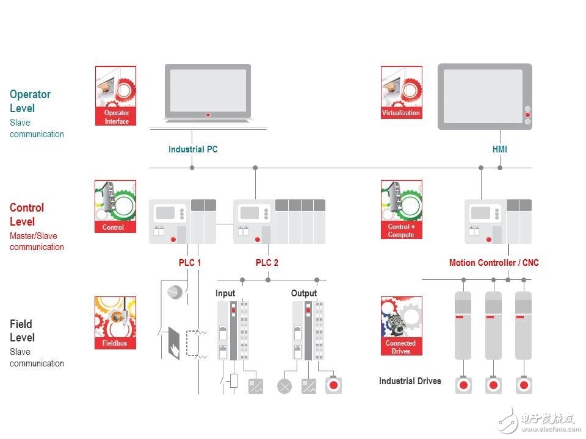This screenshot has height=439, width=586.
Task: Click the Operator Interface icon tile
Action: tap(116, 96)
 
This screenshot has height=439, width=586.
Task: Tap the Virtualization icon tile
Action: tap(401, 92)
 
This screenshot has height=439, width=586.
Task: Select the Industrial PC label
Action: tap(193, 149)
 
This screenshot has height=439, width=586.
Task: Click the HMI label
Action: tap(499, 149)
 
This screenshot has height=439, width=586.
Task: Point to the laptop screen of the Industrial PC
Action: tap(208, 90)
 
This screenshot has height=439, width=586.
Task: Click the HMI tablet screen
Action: tap(483, 96)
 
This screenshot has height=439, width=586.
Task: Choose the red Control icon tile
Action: tap(115, 207)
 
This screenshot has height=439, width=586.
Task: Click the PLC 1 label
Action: tap(189, 263)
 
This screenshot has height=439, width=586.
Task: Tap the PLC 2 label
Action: tap(267, 263)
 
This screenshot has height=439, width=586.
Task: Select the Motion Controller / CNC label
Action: tap(494, 263)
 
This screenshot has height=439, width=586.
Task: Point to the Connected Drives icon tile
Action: tap(401, 326)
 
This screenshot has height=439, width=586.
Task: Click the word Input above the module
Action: tap(225, 293)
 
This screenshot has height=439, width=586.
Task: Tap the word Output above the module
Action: tap(304, 293)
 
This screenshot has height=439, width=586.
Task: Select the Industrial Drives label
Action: tap(410, 381)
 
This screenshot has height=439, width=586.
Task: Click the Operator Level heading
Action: tap(30, 101)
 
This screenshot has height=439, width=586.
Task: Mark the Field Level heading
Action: tap(22, 330)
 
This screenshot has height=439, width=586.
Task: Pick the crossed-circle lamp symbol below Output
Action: tap(284, 386)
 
